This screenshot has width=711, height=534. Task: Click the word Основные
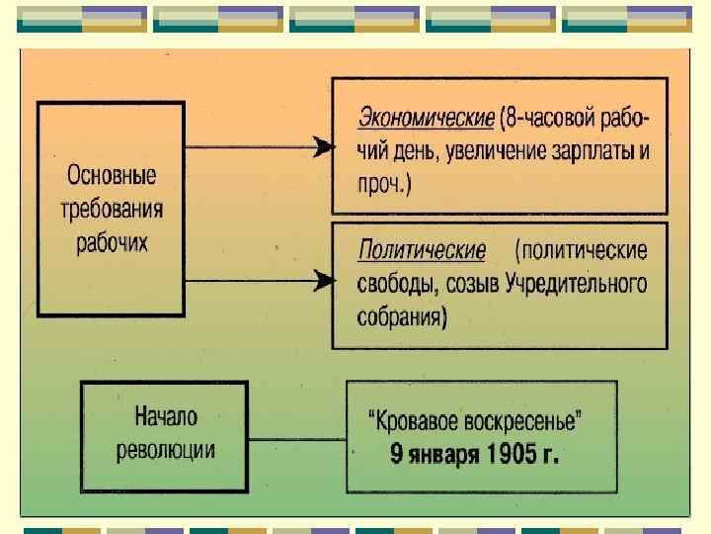coord(111,179)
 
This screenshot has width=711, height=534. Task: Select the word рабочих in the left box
coord(112,242)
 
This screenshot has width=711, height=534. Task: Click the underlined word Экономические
coord(426,119)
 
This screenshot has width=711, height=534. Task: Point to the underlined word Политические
coord(422,249)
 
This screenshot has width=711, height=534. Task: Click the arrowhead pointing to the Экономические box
coord(321,148)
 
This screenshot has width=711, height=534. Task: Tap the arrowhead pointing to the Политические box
coord(321,281)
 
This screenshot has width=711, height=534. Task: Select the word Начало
coord(166,418)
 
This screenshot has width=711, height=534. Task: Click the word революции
coord(166,450)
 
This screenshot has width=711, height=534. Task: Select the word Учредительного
coord(577,284)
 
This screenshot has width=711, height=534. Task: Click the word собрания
coord(398,317)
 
